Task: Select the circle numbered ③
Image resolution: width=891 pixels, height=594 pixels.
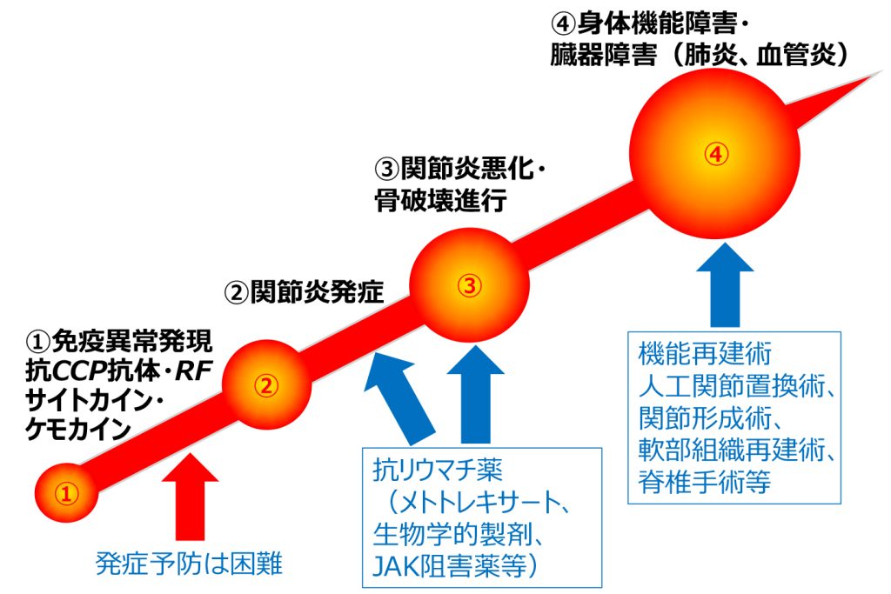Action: pos(469,285)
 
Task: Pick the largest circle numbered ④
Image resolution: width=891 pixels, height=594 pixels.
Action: pos(714,155)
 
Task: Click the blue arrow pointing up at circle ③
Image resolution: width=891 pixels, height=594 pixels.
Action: pos(472,396)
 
